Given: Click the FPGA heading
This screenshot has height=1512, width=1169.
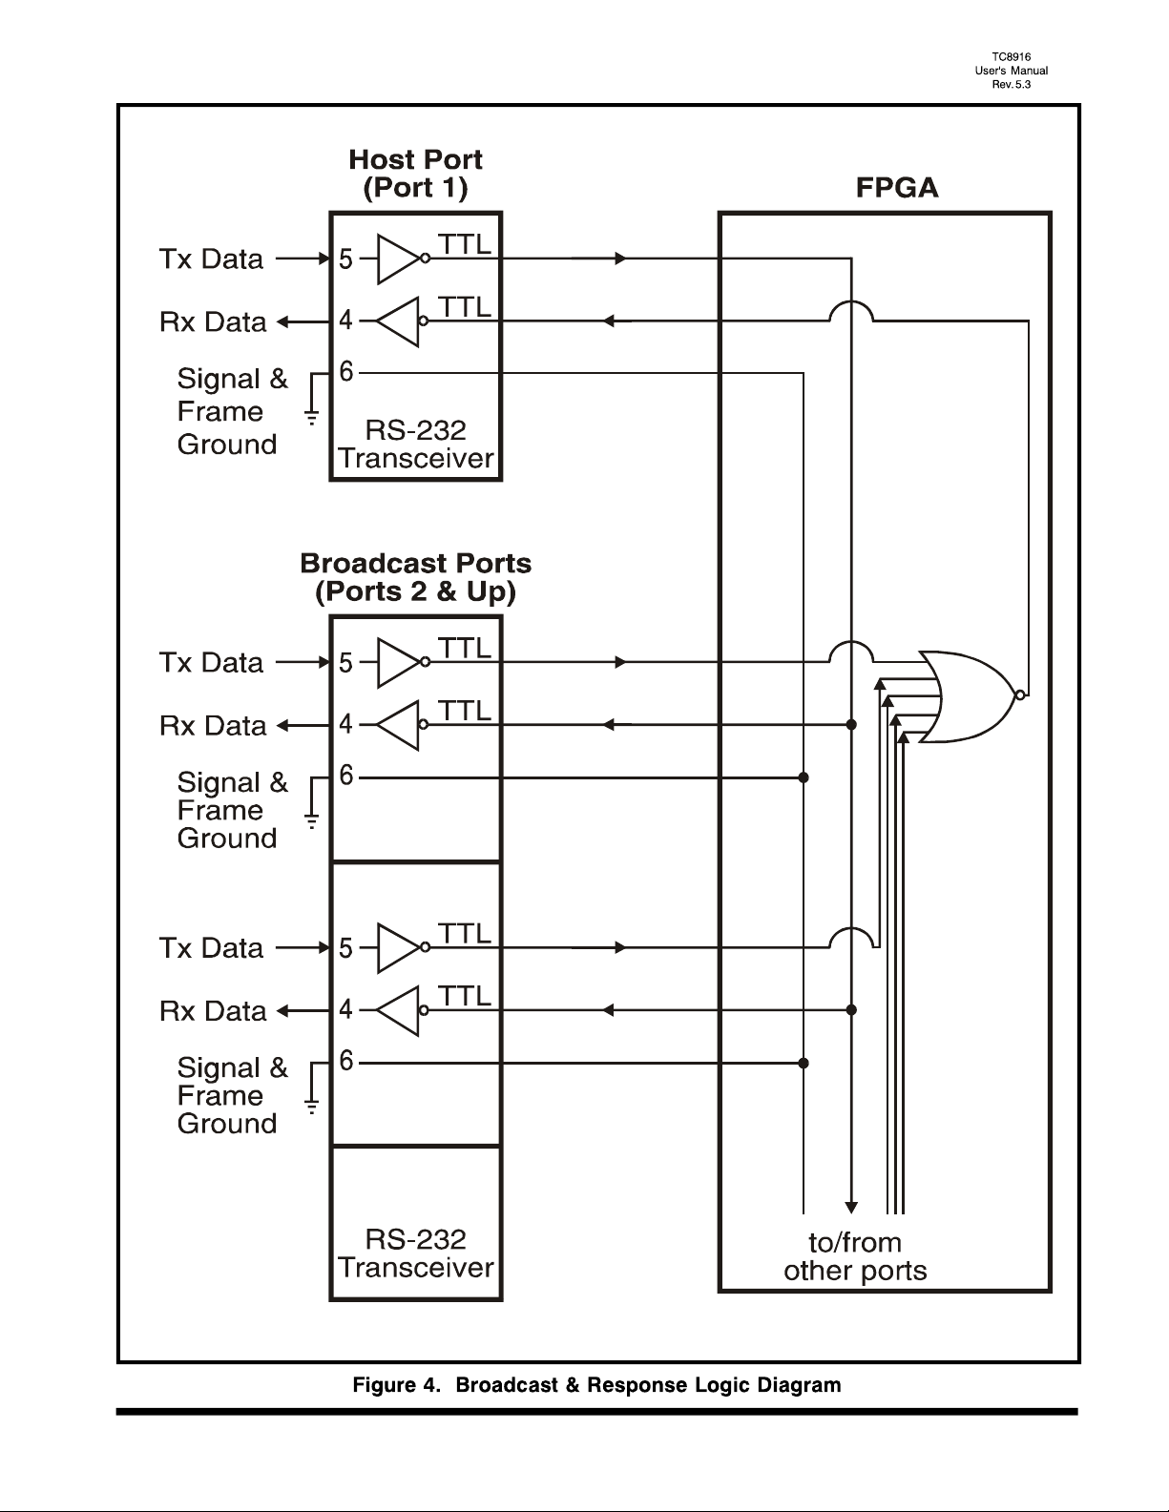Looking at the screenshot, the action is click(x=896, y=188).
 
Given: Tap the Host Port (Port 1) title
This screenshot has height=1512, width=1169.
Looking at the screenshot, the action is click(x=415, y=174).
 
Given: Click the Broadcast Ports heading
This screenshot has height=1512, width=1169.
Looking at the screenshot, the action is click(x=415, y=577).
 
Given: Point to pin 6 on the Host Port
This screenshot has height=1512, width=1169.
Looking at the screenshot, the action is click(x=345, y=372).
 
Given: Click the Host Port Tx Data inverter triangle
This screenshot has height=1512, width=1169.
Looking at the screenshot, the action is click(x=399, y=259).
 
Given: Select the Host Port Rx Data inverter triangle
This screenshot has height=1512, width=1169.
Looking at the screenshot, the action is click(x=398, y=321).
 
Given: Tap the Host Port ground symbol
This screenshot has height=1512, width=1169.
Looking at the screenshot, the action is click(x=312, y=418).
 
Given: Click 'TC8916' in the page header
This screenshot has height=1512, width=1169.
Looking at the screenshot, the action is click(x=1011, y=57).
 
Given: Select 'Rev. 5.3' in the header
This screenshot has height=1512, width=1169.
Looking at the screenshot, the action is click(x=1011, y=85).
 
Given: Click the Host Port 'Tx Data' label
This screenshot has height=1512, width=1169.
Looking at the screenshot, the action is click(x=211, y=259).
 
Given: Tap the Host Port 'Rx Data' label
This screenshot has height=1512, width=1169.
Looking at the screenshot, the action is click(x=212, y=322).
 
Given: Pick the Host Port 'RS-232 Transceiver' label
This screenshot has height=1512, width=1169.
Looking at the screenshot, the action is click(x=415, y=444).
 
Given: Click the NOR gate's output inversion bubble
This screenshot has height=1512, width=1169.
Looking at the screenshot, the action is click(x=1020, y=694).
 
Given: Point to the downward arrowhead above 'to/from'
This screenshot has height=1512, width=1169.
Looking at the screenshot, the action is click(x=851, y=1207).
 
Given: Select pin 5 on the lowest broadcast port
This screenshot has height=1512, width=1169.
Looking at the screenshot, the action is click(x=345, y=948).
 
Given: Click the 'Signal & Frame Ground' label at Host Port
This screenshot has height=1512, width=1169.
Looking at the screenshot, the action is click(x=232, y=411).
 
